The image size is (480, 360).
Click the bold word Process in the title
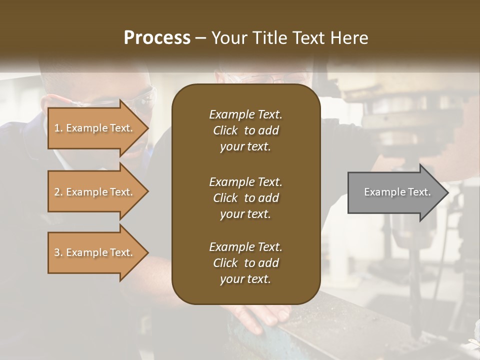(157, 38)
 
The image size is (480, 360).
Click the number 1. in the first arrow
(58, 128)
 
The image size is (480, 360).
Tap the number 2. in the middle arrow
(58, 192)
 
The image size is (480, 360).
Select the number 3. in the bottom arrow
(58, 252)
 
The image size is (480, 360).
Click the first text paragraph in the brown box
(245, 130)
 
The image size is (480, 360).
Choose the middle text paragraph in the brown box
(245, 198)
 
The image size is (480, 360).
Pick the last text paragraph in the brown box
(245, 263)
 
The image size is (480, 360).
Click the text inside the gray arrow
(397, 192)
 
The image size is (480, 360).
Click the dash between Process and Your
(201, 38)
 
